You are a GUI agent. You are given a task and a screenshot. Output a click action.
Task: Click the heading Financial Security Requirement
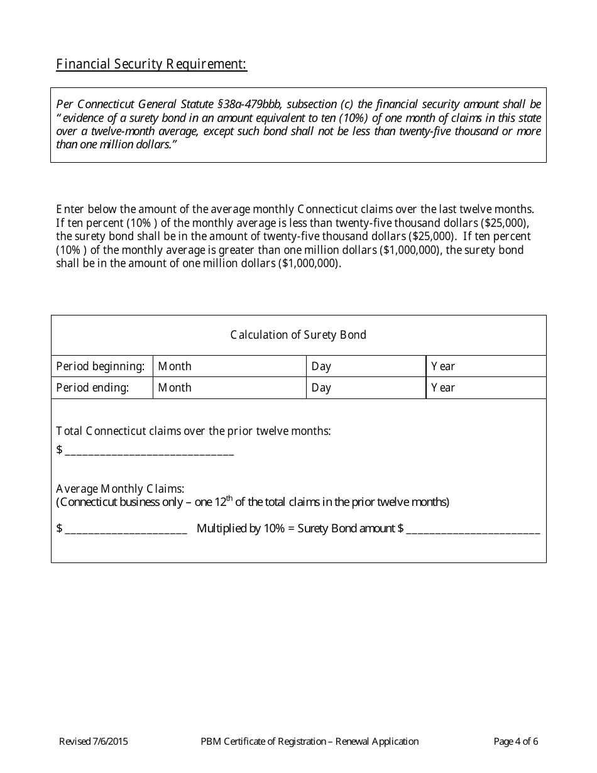coord(151,65)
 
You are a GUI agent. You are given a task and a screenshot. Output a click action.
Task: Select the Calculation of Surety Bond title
coord(298,335)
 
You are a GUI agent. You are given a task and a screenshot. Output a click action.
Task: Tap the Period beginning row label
coord(101,366)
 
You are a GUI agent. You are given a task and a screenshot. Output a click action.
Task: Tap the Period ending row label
coord(92,388)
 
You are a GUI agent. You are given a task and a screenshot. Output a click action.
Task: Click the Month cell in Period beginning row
coord(229,366)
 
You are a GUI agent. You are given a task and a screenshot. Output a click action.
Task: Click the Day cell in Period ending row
coord(366,388)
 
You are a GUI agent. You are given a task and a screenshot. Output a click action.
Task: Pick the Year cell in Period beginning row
coord(485,366)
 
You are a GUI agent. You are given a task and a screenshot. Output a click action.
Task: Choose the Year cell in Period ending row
coord(485,388)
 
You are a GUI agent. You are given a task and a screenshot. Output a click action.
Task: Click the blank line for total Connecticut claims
coord(149,451)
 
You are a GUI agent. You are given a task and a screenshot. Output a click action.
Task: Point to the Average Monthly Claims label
coord(120,489)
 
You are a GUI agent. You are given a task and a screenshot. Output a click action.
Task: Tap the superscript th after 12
coord(229,498)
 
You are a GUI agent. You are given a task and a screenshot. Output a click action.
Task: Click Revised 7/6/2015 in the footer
coord(94,742)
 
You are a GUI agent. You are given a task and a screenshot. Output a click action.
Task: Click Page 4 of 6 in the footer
coord(516,742)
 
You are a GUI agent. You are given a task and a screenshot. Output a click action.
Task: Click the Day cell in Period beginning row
coord(366,366)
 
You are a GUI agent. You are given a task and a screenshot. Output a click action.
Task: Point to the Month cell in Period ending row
coord(229,388)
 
